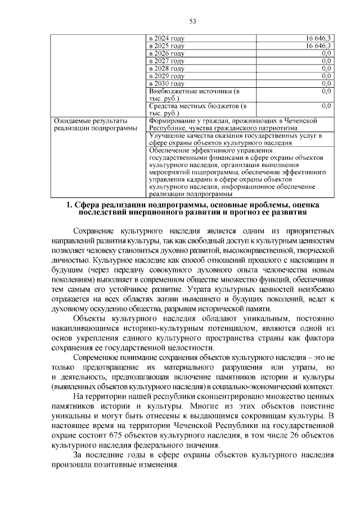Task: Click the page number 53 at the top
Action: click(192, 21)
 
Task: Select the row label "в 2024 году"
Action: click(166, 38)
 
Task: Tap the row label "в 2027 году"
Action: click(166, 61)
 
